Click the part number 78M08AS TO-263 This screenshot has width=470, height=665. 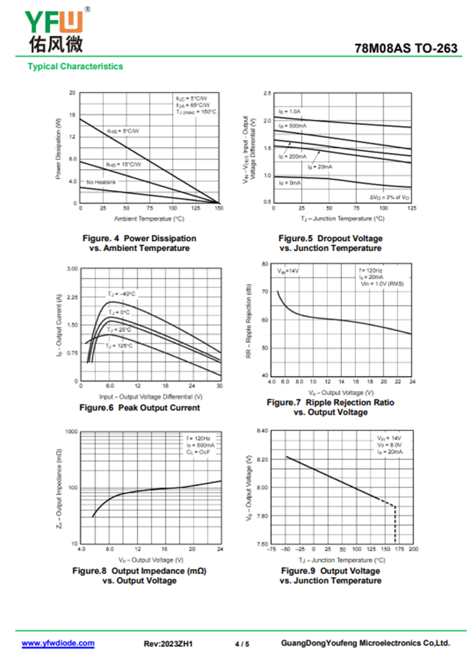(406, 49)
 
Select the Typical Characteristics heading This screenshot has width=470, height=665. (75, 66)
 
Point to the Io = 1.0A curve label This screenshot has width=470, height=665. (290, 111)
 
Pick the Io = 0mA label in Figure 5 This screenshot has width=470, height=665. (290, 183)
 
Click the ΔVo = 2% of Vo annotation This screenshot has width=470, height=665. (390, 197)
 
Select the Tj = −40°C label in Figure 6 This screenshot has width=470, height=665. (120, 293)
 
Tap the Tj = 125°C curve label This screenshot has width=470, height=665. (119, 346)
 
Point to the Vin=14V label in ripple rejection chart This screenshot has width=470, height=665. (288, 271)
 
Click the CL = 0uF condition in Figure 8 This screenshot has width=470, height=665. (198, 453)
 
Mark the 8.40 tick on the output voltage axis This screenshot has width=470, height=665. (262, 431)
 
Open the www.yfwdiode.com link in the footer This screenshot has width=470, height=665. (58, 643)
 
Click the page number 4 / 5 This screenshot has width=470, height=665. (241, 644)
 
